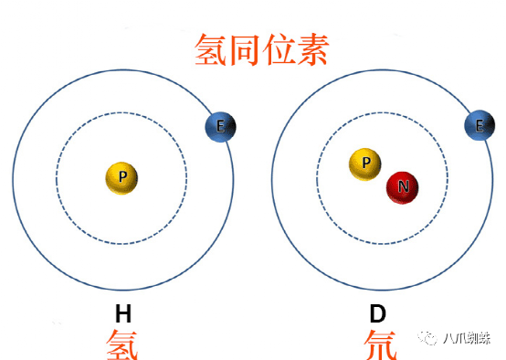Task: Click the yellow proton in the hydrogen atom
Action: click(x=122, y=177)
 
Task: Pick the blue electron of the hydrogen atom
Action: click(x=220, y=127)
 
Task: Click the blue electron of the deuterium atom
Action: click(x=480, y=127)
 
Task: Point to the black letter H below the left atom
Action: click(x=122, y=315)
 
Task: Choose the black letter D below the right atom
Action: click(x=377, y=315)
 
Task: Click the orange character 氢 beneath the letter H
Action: click(x=122, y=344)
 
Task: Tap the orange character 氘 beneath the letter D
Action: click(x=377, y=344)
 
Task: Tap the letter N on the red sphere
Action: click(x=403, y=186)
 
